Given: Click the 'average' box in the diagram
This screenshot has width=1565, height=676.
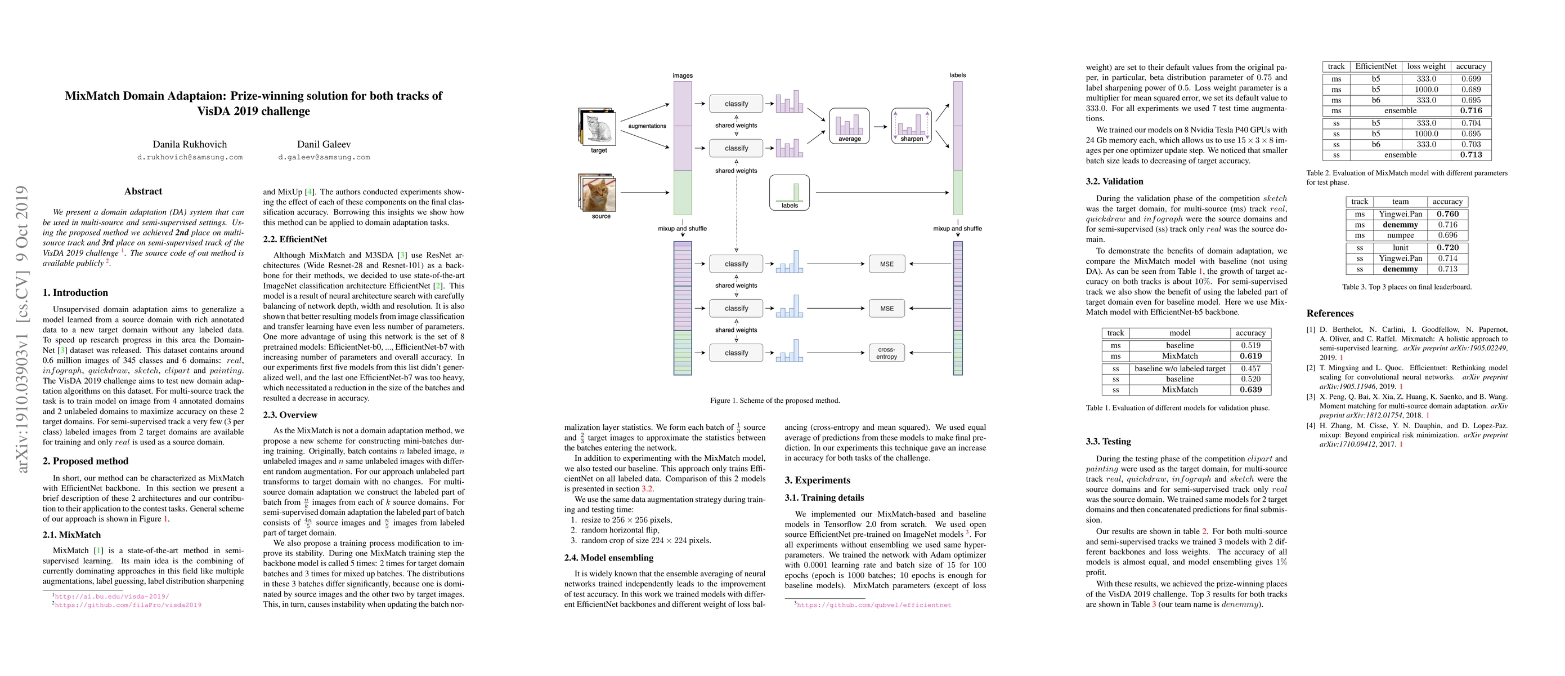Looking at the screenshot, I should tap(849, 126).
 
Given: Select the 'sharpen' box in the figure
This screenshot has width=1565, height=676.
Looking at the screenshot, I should tap(911, 126).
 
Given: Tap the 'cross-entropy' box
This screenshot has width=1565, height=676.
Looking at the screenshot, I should tap(886, 353).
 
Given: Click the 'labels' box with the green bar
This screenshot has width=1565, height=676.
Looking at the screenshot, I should tap(789, 193).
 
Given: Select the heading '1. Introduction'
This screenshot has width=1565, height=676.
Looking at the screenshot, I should tap(75, 292).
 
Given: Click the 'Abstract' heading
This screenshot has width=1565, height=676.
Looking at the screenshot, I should tap(143, 191).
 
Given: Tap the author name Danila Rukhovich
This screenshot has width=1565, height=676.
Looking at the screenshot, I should tap(190, 144).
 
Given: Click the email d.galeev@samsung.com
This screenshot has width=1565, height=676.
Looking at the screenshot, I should tap(324, 157).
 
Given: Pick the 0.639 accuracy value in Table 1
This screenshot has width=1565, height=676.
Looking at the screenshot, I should tap(1250, 390).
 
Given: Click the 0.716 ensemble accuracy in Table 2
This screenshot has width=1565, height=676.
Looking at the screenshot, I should tap(1471, 110).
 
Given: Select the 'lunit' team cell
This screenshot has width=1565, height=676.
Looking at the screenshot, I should tap(1400, 247).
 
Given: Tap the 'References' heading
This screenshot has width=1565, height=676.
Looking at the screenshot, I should tap(1330, 313).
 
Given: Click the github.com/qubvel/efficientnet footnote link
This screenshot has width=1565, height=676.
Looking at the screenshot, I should tap(873, 605).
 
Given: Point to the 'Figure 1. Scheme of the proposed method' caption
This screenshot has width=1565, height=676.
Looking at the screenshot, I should tap(774, 401).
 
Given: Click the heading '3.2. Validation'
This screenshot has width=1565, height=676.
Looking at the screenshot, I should tap(1114, 181).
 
